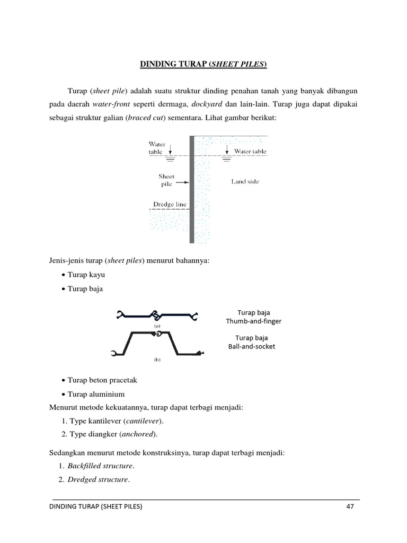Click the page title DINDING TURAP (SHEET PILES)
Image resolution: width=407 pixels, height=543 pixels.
pos(203,65)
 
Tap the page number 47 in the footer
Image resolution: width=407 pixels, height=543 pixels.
pos(350,506)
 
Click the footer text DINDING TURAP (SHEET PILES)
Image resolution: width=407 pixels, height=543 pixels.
pos(95,506)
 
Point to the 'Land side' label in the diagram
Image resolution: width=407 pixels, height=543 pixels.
pos(245,181)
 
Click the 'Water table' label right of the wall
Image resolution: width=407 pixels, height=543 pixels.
pos(251,151)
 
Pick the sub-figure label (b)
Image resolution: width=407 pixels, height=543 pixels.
pos(157,360)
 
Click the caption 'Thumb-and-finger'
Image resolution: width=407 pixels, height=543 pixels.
pos(253,321)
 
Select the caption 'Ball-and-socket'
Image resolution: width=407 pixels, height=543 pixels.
pos(251,346)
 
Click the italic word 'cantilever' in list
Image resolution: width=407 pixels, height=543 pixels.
pos(143,421)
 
